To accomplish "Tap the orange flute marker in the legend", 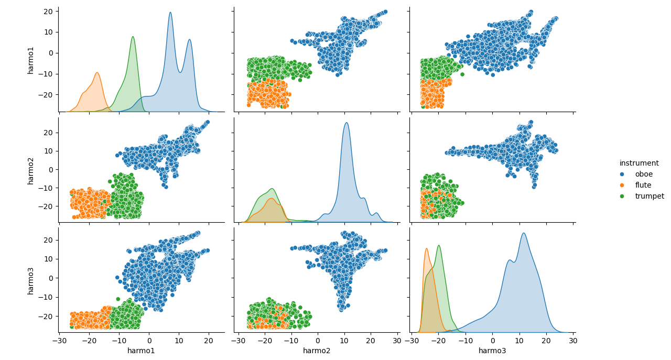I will (x=622, y=185).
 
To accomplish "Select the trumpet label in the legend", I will (x=649, y=196).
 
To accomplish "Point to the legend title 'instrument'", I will (x=639, y=163).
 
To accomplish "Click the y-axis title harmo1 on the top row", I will (x=31, y=59).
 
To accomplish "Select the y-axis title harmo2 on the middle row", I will (x=31, y=170).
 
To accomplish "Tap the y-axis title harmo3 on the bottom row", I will (x=31, y=280).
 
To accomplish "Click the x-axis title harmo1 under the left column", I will (x=141, y=351).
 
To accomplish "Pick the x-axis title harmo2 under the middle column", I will (x=317, y=351).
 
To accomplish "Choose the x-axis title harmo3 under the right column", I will (x=492, y=351).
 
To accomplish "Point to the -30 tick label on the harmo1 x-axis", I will (x=60, y=341).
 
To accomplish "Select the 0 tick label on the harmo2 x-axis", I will (x=318, y=341).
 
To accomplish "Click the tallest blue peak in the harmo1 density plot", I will (x=170, y=13).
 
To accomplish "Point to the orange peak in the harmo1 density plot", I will (x=97, y=73).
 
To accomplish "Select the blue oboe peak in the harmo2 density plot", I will (x=346, y=123).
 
